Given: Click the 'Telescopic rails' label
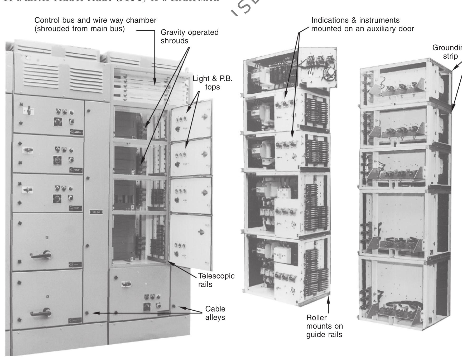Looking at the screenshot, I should click(x=216, y=280).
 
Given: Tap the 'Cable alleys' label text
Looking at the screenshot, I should click(x=215, y=313).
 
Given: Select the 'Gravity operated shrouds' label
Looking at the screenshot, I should click(x=189, y=36).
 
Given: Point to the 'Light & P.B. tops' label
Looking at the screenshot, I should click(x=213, y=83).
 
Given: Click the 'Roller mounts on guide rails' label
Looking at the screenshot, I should click(x=324, y=326).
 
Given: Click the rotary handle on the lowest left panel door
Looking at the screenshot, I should click(x=42, y=313).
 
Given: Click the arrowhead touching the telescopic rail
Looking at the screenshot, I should click(x=169, y=262).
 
